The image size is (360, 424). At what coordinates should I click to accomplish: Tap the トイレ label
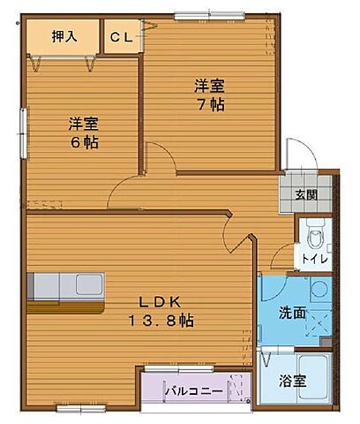[314, 260]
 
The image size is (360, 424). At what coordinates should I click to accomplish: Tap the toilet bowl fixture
[316, 235]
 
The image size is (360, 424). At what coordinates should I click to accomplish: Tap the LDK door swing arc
[236, 235]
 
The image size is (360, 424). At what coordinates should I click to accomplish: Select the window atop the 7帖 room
[198, 15]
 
